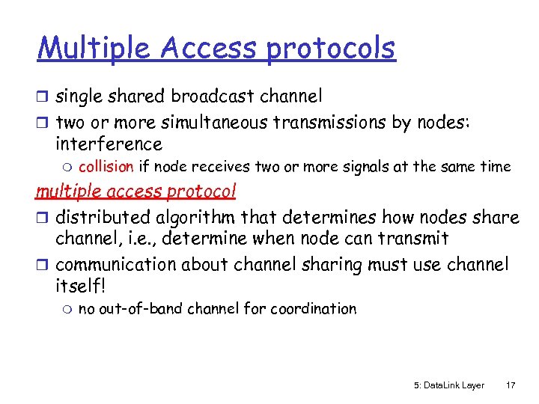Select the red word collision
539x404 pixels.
point(106,167)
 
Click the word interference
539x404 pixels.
point(109,144)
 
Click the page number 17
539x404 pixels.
point(511,385)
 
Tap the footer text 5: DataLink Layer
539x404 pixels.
point(448,385)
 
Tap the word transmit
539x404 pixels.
point(415,239)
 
